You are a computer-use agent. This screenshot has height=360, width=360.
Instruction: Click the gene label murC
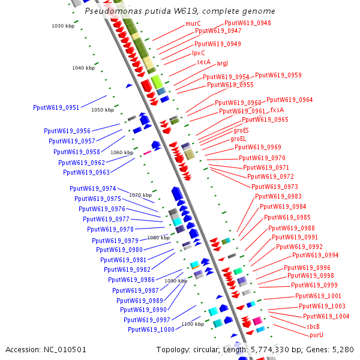coord(193,23)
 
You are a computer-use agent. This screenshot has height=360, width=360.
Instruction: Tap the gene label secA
coord(204,62)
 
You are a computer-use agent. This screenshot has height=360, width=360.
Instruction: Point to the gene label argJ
coord(223,63)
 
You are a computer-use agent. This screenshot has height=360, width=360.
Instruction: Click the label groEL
coord(238,139)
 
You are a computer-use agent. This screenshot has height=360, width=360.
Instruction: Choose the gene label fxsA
coord(277,110)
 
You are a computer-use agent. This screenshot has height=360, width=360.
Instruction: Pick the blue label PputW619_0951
coord(56,107)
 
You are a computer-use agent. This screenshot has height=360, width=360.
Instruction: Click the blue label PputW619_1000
coord(151,329)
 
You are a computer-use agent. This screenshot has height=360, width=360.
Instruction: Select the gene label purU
coord(316,335)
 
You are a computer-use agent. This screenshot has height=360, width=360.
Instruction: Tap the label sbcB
coord(313,326)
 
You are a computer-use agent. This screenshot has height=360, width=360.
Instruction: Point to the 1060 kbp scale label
coord(122,152)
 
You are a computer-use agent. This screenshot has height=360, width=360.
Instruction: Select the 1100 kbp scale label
coord(193,324)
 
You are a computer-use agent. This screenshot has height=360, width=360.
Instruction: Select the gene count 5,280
coord(343,349)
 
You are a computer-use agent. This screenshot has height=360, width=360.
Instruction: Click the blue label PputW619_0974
coord(93,188)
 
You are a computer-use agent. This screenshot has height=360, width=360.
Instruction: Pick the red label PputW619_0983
coord(278,196)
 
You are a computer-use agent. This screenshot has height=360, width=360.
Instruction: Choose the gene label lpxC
coord(199,53)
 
